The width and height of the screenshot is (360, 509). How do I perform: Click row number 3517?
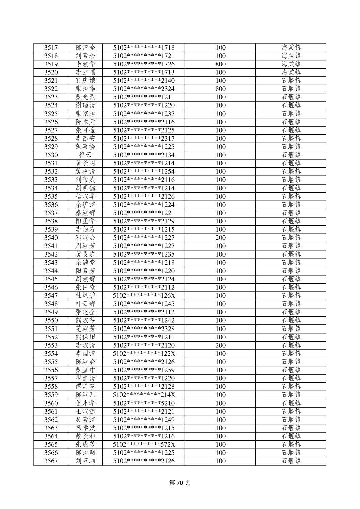click(51, 48)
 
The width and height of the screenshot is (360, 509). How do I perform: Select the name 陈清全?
click(85, 48)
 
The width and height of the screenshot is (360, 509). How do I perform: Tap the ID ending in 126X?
click(144, 296)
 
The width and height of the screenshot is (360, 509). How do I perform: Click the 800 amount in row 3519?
click(220, 64)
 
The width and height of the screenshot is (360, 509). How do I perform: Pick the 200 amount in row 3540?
click(220, 238)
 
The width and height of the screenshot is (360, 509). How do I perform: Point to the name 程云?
click(85, 155)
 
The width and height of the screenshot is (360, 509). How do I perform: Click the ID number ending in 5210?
click(144, 403)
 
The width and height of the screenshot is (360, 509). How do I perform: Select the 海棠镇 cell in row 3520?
click(291, 72)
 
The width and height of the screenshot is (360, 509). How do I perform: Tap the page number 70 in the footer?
click(180, 483)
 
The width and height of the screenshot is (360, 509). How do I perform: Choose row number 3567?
click(51, 461)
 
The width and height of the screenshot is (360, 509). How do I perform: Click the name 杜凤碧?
click(85, 296)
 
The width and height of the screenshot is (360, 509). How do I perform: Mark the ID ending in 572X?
click(144, 445)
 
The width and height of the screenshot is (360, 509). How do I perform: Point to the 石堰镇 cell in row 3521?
click(291, 81)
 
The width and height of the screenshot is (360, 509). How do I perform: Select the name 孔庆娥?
click(85, 81)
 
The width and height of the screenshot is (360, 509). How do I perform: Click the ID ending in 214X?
click(144, 395)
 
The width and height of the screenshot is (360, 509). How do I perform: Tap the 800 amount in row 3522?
click(220, 89)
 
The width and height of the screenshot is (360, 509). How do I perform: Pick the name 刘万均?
click(85, 461)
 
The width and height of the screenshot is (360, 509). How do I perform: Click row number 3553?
click(51, 345)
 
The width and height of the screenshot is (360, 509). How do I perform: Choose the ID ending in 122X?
click(144, 354)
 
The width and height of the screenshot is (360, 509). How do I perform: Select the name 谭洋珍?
click(85, 387)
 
